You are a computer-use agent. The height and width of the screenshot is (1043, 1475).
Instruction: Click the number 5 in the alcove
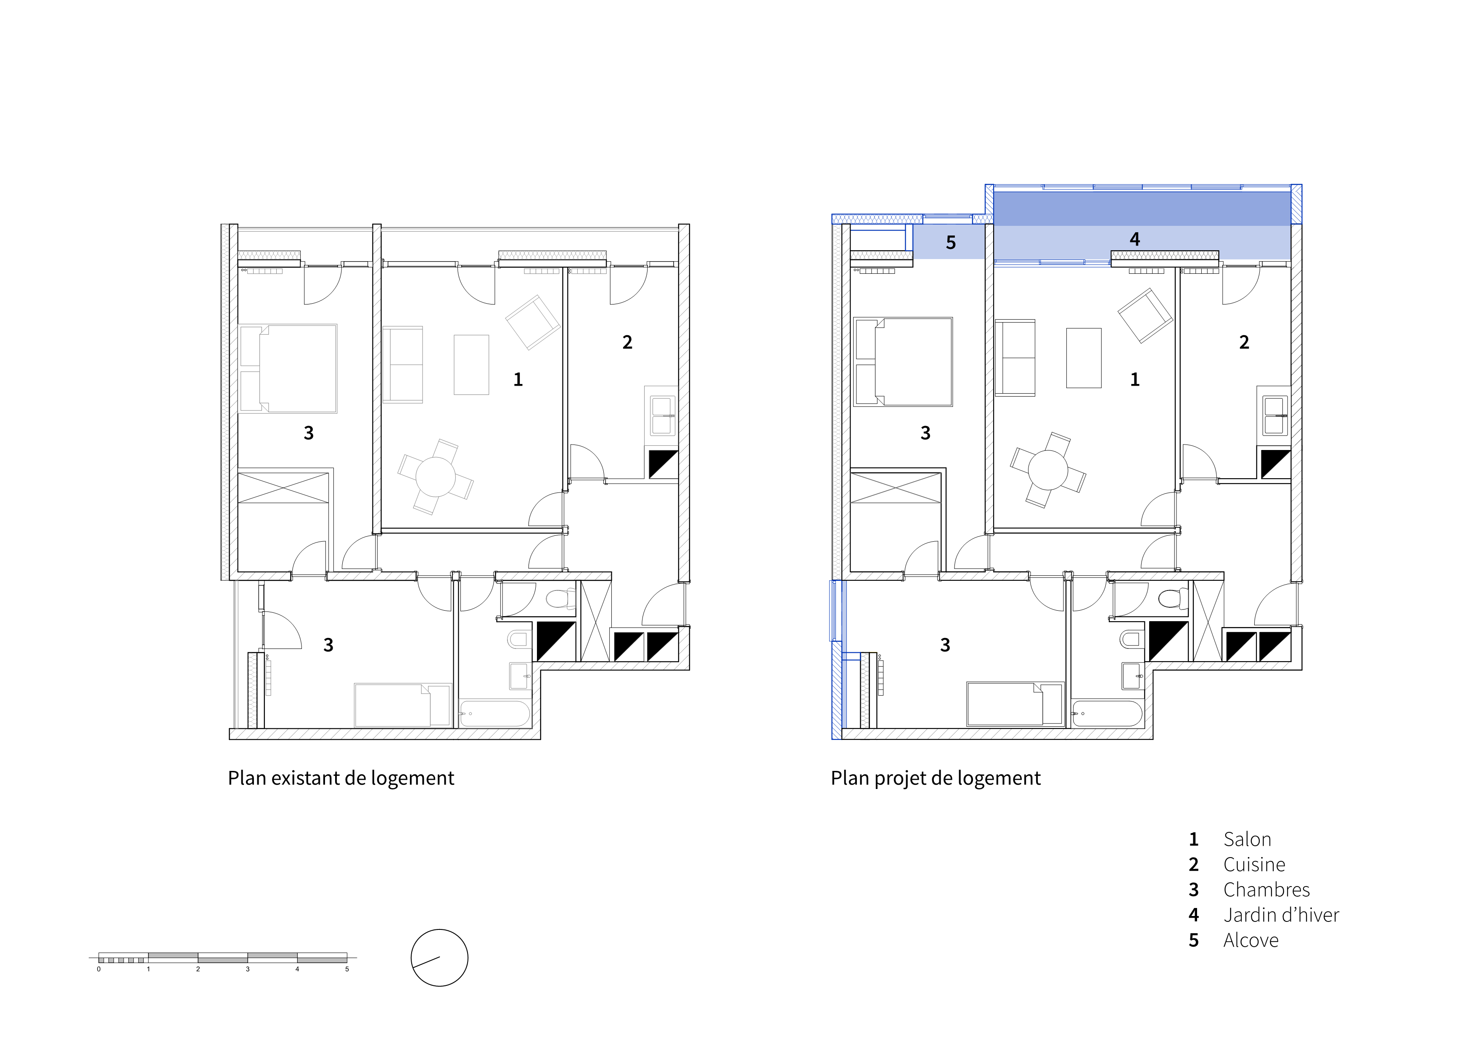pos(951,242)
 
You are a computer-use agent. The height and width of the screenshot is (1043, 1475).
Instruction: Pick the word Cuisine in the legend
pos(1254,864)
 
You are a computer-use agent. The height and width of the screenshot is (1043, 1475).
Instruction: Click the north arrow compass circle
pos(439,929)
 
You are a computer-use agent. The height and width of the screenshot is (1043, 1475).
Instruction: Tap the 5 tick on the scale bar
pos(347,969)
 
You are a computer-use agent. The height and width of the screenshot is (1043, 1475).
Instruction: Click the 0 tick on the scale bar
pos(99,969)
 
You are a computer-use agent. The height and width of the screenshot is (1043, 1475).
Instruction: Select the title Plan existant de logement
pos(341,778)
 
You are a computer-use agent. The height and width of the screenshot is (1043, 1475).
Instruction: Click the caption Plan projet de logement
pos(936,778)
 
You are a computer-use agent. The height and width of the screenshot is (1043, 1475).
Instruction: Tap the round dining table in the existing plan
pos(436,477)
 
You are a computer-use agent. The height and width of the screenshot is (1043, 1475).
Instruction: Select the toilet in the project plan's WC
pos(1173,599)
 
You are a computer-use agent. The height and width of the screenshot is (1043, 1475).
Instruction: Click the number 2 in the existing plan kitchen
pos(628,342)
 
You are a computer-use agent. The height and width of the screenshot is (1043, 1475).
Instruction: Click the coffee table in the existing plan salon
pos(471,364)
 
